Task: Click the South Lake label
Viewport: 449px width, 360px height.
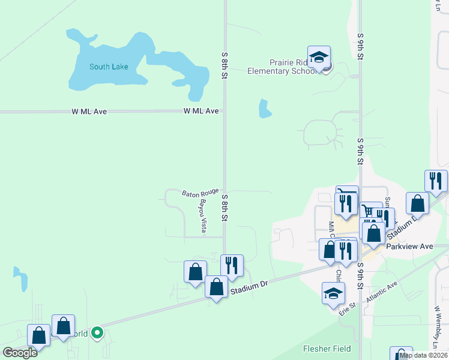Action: (109, 67)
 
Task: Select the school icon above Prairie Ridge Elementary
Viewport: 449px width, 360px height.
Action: (319, 58)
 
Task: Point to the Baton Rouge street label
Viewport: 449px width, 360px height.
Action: (200, 193)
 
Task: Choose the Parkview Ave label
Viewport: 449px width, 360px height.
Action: (409, 246)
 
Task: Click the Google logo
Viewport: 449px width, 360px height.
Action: (20, 353)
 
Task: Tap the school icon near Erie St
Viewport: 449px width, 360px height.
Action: (334, 293)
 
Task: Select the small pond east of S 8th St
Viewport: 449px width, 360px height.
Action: (264, 109)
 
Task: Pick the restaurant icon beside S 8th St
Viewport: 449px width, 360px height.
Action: (232, 265)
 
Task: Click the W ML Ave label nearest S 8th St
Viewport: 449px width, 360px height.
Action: (201, 111)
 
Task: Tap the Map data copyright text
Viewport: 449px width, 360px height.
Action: (424, 355)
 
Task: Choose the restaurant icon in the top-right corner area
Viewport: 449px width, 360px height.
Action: (436, 181)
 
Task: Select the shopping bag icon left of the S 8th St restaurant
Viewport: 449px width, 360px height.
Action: (196, 272)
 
